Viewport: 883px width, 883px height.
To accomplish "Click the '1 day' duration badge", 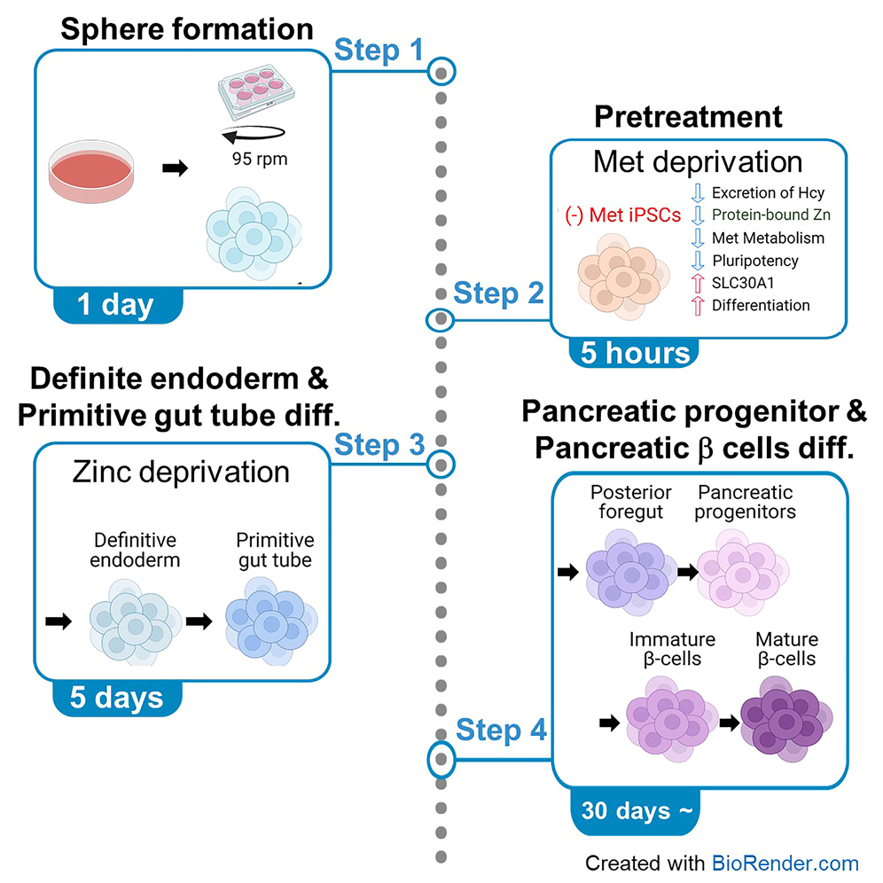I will [x=116, y=304].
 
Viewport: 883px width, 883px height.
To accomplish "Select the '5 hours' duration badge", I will [x=635, y=352].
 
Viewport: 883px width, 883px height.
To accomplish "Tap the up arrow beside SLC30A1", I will [x=696, y=283].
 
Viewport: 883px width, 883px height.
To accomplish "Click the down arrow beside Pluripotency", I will [x=696, y=261].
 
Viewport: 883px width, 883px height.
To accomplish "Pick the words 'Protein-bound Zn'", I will [x=771, y=215].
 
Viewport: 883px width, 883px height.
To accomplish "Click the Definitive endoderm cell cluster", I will [x=135, y=621].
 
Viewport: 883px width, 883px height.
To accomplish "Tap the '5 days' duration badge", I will [x=116, y=697].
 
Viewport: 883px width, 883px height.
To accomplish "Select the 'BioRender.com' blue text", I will [x=785, y=863].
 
